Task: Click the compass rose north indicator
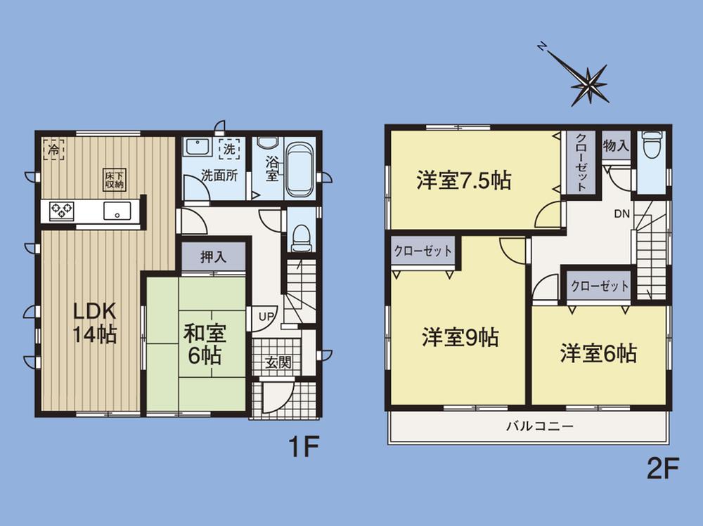tap(542, 46)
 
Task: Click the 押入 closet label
tap(213, 257)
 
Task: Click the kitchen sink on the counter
tap(117, 210)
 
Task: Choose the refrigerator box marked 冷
tap(54, 149)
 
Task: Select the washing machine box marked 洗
tap(229, 149)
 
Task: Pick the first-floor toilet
tap(301, 236)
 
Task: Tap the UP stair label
tap(265, 317)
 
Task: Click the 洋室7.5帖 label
tap(463, 180)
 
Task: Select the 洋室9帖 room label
tap(460, 338)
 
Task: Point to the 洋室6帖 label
tap(598, 353)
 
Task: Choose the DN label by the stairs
tap(621, 213)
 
